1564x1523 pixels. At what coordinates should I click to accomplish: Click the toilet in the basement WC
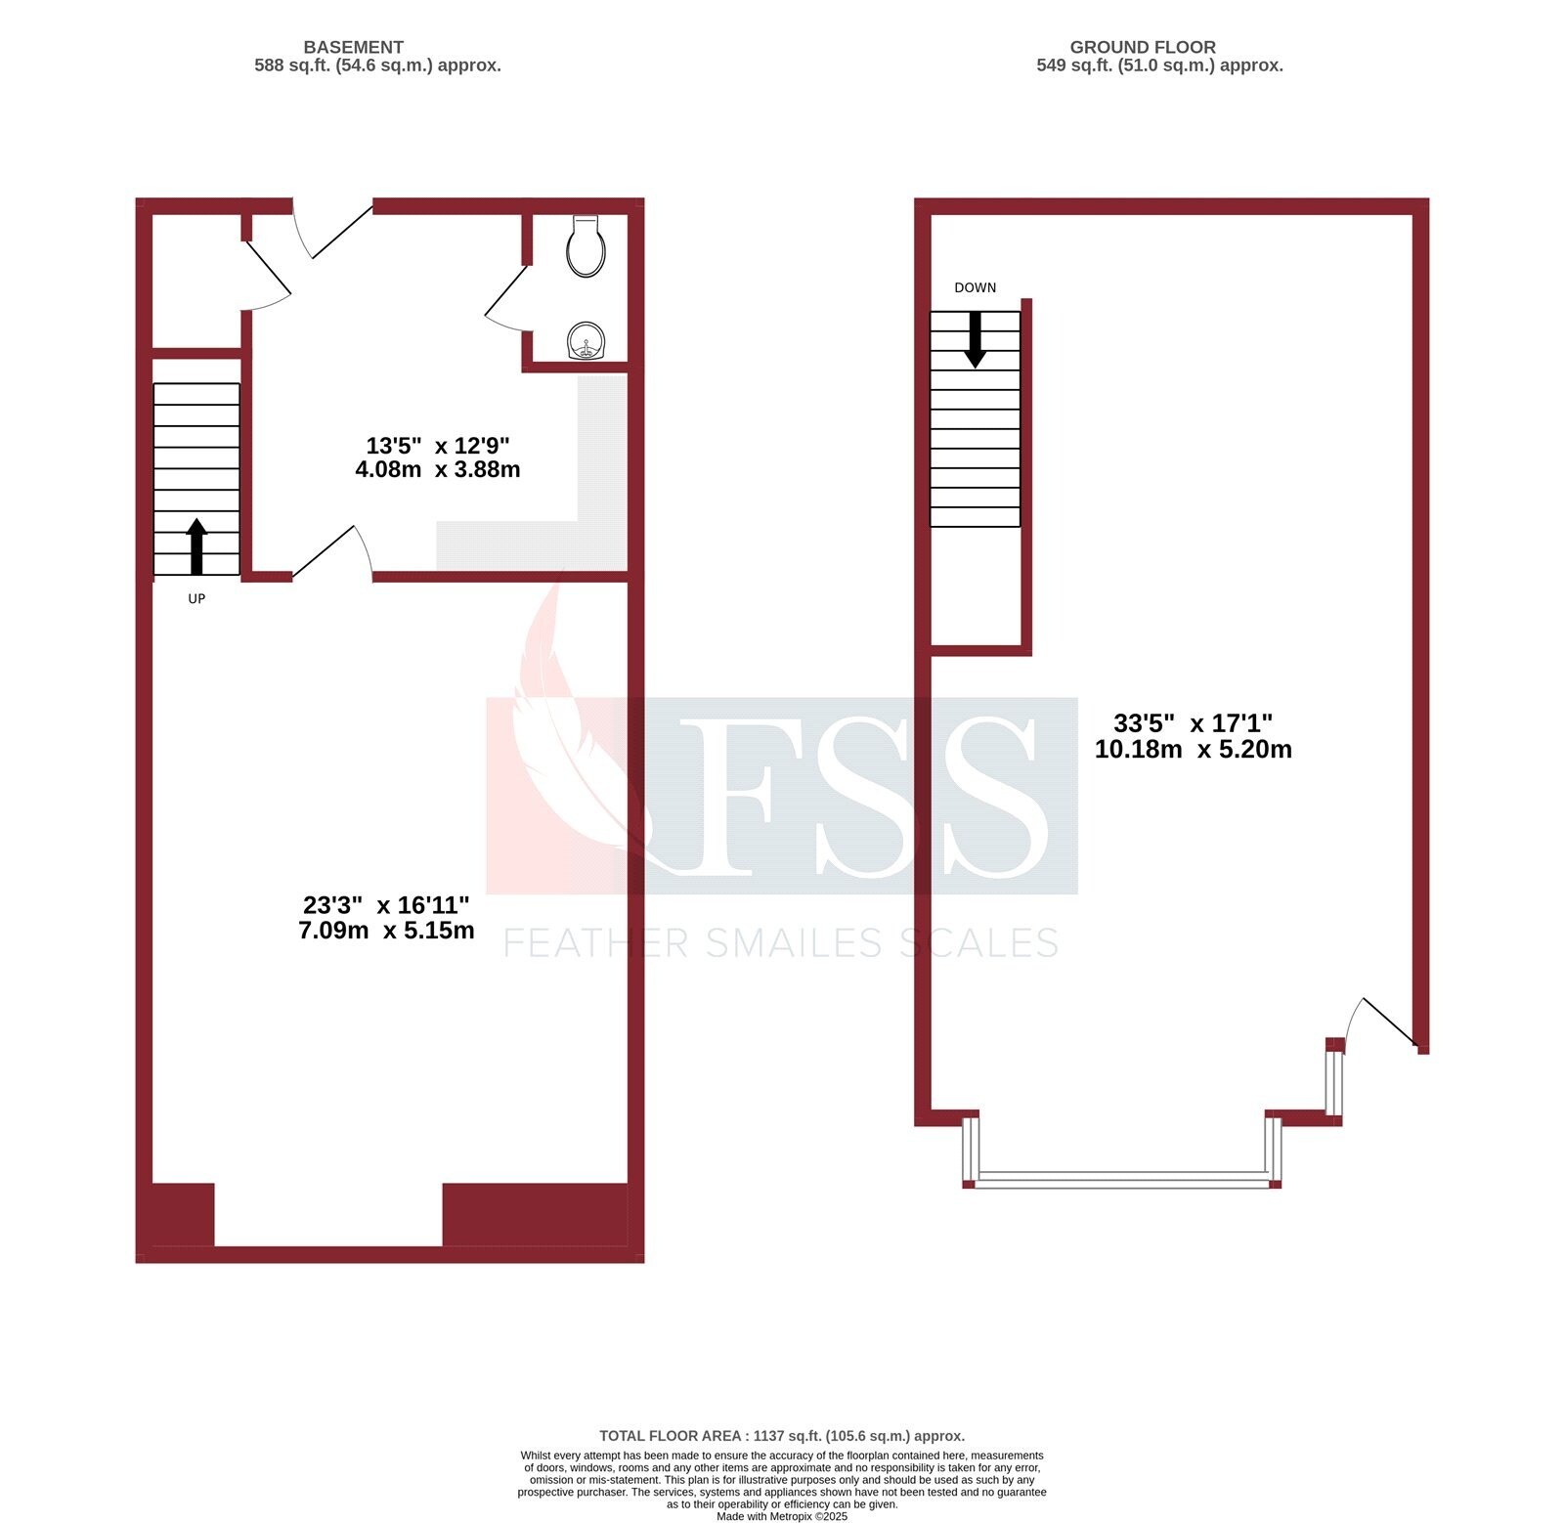tap(586, 246)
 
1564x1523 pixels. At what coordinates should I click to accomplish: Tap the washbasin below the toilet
tap(586, 342)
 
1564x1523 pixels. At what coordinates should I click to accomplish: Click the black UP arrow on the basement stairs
tap(196, 545)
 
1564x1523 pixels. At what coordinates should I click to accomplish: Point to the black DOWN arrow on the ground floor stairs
tap(975, 339)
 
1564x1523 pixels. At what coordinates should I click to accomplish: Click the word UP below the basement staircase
tap(196, 598)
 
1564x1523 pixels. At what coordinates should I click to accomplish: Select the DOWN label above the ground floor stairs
tap(975, 287)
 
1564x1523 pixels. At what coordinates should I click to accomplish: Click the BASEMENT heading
tap(353, 47)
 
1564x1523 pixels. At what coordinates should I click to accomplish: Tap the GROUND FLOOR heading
tap(1142, 47)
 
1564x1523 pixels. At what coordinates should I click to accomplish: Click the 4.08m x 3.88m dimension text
tap(437, 469)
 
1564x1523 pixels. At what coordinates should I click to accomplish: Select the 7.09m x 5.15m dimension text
tap(386, 931)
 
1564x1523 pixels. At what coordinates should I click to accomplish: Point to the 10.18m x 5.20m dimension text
tap(1193, 750)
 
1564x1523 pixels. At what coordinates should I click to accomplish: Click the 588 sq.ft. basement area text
tap(377, 65)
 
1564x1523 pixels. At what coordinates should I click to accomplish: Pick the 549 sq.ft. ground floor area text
tap(1159, 65)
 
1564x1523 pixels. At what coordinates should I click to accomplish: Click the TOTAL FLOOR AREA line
tap(781, 1435)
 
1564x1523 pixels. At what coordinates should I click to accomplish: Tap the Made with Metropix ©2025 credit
tap(781, 1516)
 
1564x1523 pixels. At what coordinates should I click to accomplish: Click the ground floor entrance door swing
tap(1383, 1022)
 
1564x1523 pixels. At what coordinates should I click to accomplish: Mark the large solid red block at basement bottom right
tap(535, 1214)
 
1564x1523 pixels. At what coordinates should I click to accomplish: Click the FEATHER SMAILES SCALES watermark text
tap(780, 943)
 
